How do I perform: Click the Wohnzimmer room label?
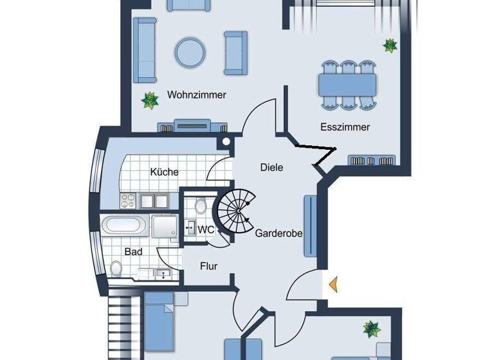click(x=197, y=95)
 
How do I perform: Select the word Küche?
click(x=164, y=172)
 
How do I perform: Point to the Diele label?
click(x=271, y=167)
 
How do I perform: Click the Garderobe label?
click(x=279, y=233)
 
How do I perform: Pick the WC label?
click(x=206, y=229)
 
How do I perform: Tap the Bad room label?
click(x=133, y=252)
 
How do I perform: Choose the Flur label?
click(x=208, y=265)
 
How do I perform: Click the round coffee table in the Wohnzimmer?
click(x=190, y=51)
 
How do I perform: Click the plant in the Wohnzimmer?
click(x=150, y=100)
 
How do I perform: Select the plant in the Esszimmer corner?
click(x=390, y=45)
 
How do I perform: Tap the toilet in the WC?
click(x=201, y=206)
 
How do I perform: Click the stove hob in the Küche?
click(x=127, y=201)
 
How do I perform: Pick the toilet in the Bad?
click(x=116, y=267)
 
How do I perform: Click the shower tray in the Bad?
click(x=163, y=227)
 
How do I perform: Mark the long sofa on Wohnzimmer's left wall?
click(x=145, y=50)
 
